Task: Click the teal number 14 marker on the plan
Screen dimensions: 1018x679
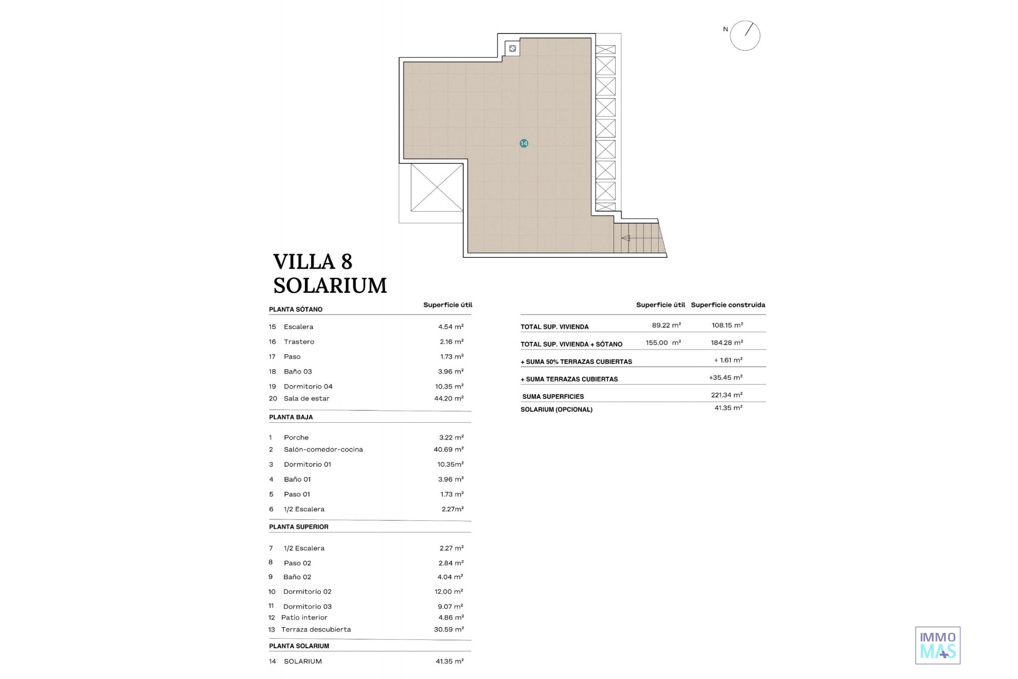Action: [x=524, y=143]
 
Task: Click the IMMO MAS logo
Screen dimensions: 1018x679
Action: [x=937, y=645]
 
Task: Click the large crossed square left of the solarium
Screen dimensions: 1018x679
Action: [x=437, y=187]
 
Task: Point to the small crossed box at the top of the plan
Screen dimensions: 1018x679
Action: [x=513, y=49]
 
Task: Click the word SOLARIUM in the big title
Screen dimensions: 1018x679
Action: [x=330, y=285]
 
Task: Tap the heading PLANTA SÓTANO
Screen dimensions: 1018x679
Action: [x=296, y=309]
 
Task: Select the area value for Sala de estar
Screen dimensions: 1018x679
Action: [x=449, y=398]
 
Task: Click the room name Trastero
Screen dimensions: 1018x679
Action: [x=299, y=342]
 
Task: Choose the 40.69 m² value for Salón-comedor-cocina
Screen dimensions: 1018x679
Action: [x=449, y=449]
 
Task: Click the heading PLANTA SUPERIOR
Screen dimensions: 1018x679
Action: [x=299, y=527]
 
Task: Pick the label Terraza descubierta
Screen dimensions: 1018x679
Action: [x=316, y=630]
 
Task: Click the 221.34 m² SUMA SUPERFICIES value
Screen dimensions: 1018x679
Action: [x=727, y=395]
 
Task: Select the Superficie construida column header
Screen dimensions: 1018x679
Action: [x=728, y=305]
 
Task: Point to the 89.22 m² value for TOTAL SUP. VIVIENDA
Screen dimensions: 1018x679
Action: [x=666, y=325]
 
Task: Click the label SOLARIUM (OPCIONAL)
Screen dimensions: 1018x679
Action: [x=557, y=410]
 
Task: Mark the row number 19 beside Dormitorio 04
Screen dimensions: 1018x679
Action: [x=273, y=387]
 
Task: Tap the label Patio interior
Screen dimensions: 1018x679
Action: [x=304, y=617]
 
